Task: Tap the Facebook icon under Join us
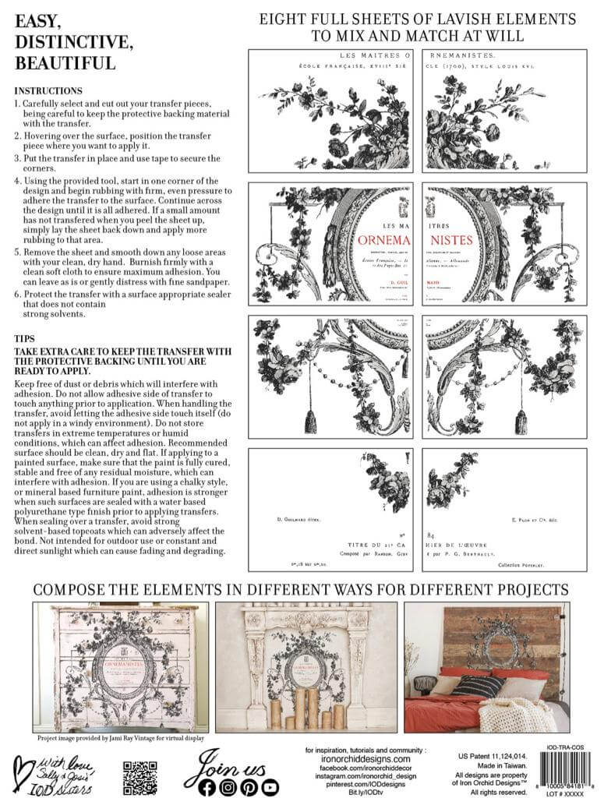(x=207, y=786)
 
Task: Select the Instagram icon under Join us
(x=228, y=786)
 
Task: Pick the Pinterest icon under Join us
(x=249, y=786)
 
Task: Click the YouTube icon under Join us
(x=270, y=786)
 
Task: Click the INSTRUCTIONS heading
(x=48, y=91)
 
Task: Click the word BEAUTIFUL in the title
(x=65, y=62)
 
